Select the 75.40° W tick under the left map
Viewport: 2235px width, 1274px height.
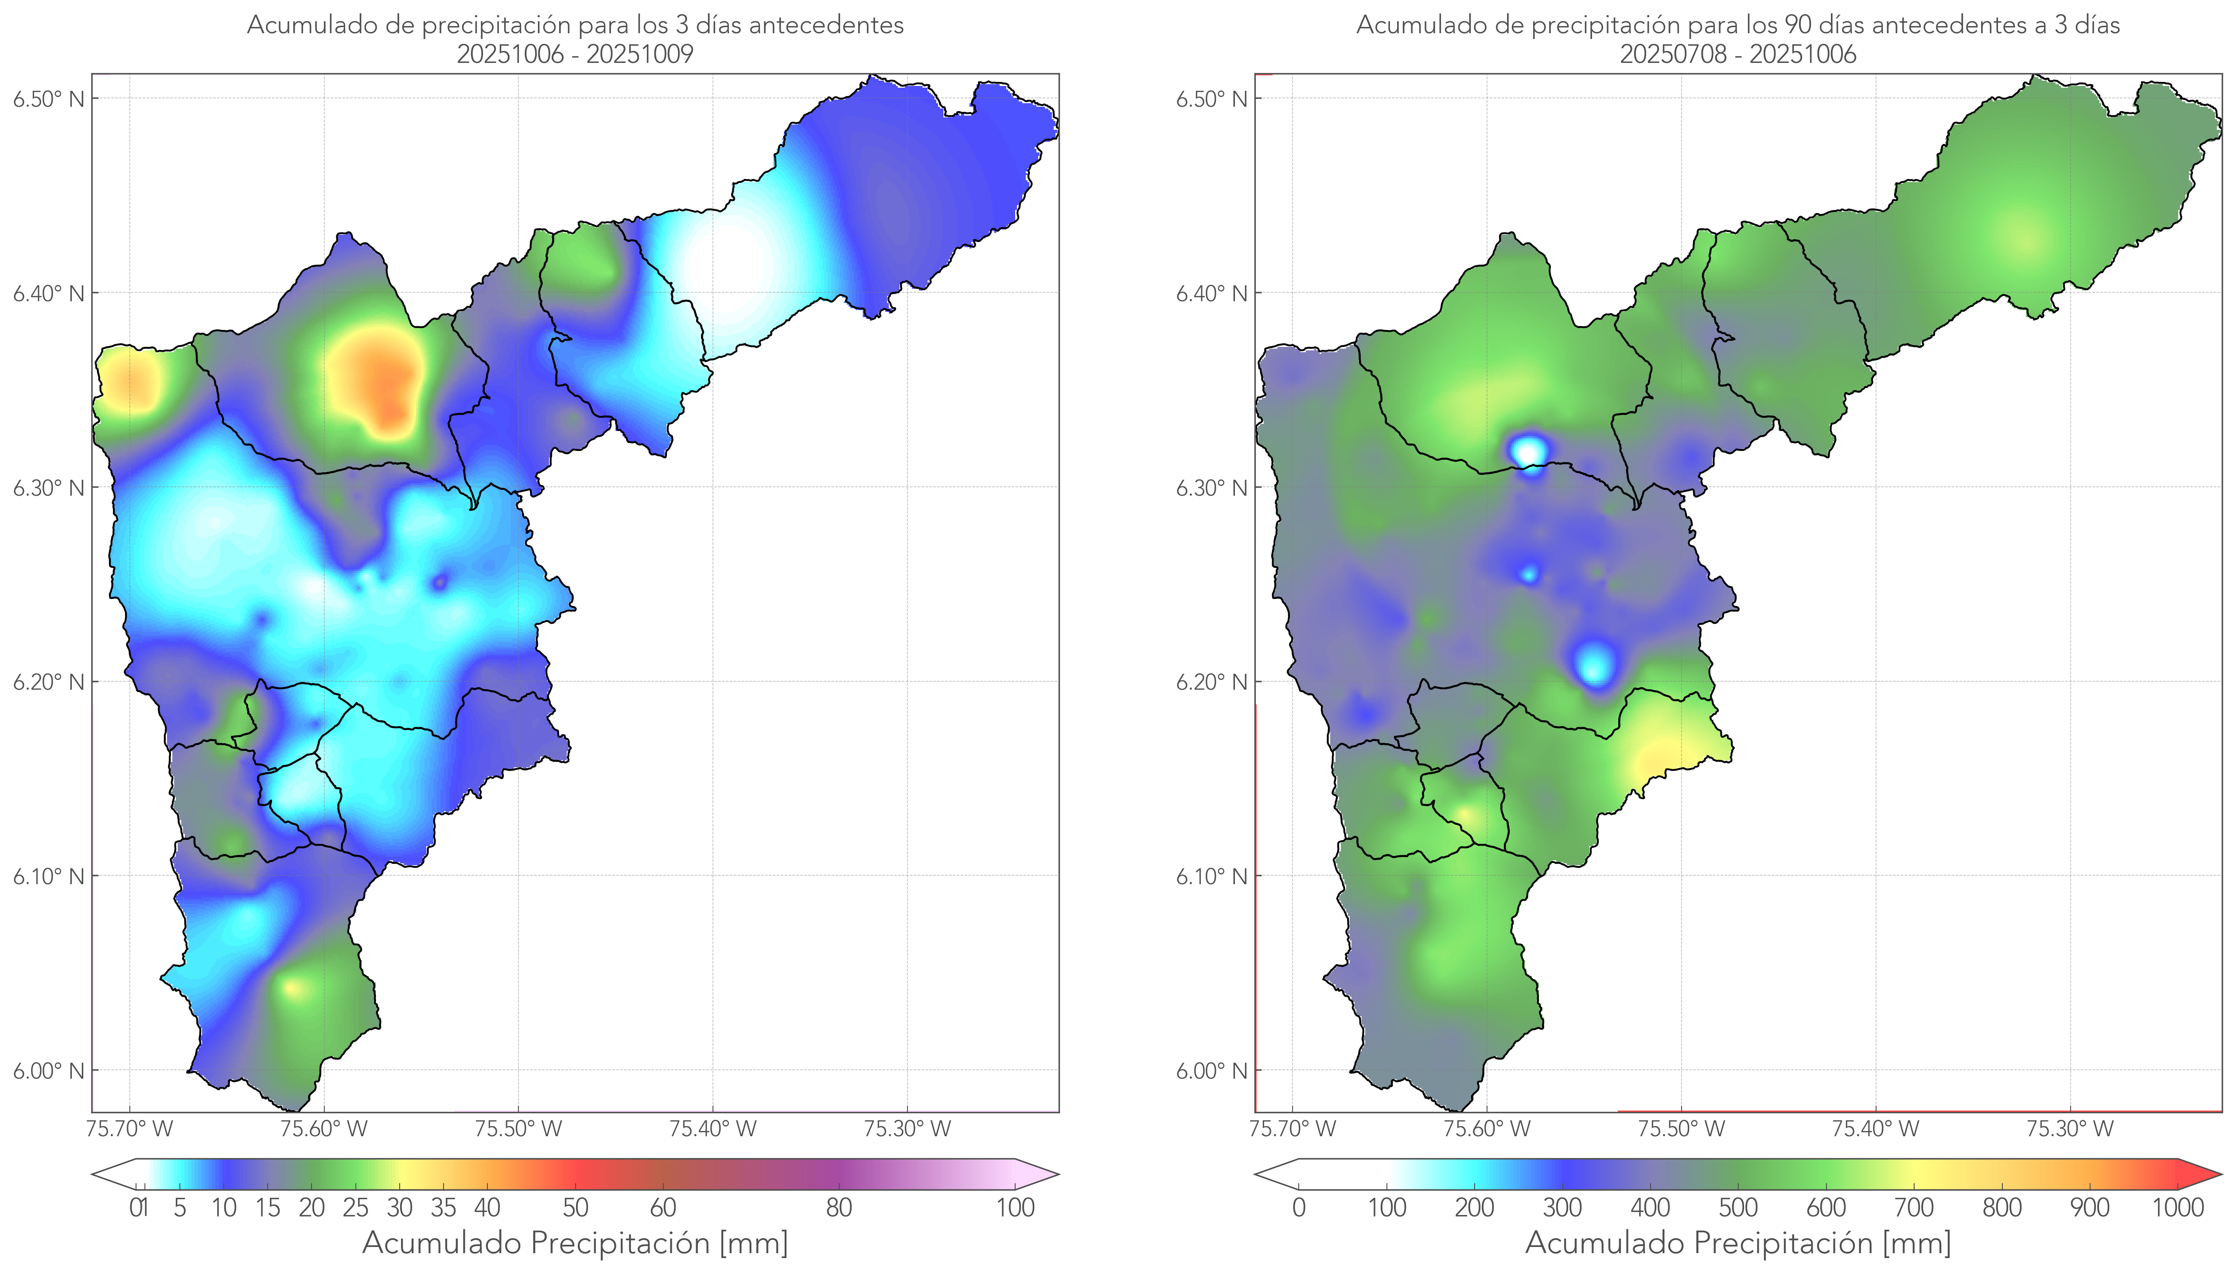point(713,1129)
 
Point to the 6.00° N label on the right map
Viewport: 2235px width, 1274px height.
point(1212,1071)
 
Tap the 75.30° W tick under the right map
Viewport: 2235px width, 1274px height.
point(2070,1129)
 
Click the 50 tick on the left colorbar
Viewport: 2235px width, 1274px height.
point(575,1208)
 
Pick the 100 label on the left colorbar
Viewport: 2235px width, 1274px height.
point(1015,1208)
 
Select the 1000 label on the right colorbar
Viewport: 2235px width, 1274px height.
point(2177,1208)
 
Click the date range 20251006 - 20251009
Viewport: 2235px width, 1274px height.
point(575,54)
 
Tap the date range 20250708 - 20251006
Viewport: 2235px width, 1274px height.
point(1738,54)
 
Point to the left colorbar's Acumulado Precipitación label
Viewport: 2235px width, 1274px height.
point(575,1243)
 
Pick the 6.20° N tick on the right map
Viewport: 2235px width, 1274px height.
point(1212,682)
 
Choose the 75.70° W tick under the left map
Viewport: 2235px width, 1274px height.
point(129,1129)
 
